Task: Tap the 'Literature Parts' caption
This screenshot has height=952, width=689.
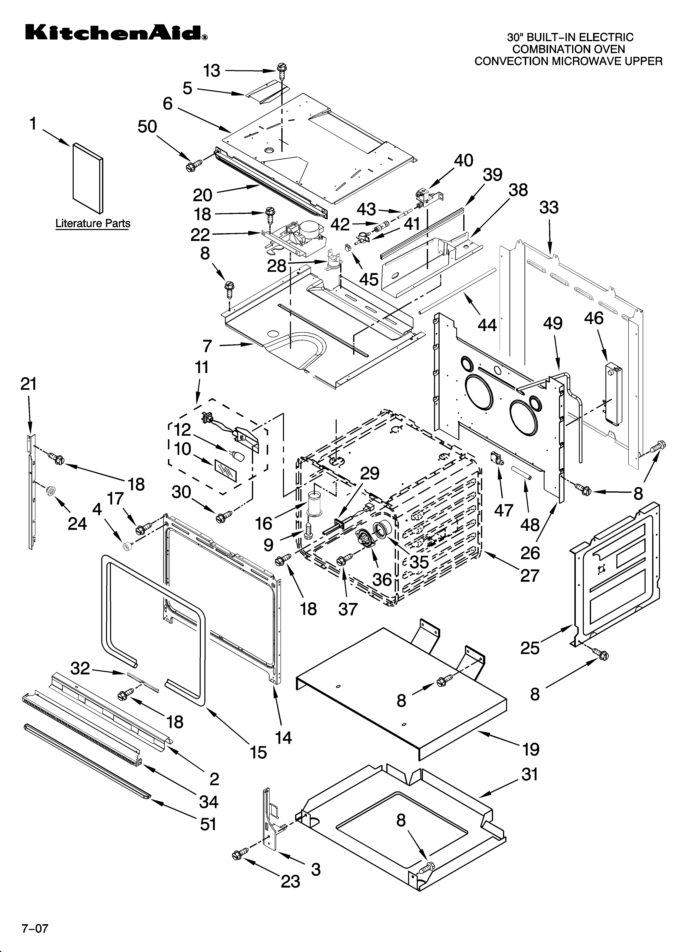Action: tap(93, 224)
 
